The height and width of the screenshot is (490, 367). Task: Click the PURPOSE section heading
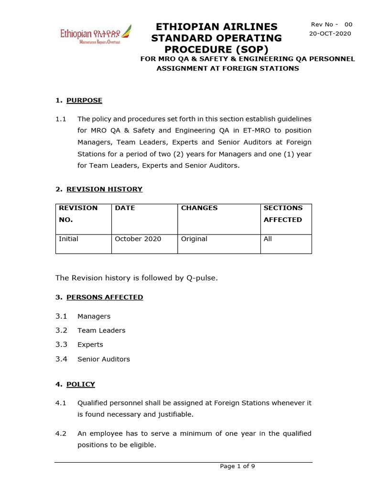click(84, 100)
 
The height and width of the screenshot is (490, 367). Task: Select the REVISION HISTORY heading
click(104, 189)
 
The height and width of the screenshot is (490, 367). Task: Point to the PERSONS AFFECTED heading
click(105, 297)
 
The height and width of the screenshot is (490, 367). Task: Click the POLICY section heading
click(80, 384)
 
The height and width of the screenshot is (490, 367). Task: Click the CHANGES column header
click(199, 208)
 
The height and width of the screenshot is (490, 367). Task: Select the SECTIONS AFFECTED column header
click(283, 214)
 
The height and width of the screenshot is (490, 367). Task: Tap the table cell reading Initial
click(68, 239)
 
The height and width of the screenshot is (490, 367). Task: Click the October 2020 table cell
click(138, 239)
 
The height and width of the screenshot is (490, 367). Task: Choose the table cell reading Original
click(194, 239)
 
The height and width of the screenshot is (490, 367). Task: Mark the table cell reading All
click(268, 239)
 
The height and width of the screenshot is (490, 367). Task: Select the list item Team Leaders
click(101, 330)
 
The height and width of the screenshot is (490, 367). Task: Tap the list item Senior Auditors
click(104, 359)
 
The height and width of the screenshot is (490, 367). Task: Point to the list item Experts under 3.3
click(90, 345)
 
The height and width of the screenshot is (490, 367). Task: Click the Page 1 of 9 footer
click(237, 467)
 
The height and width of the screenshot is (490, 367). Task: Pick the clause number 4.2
click(61, 434)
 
